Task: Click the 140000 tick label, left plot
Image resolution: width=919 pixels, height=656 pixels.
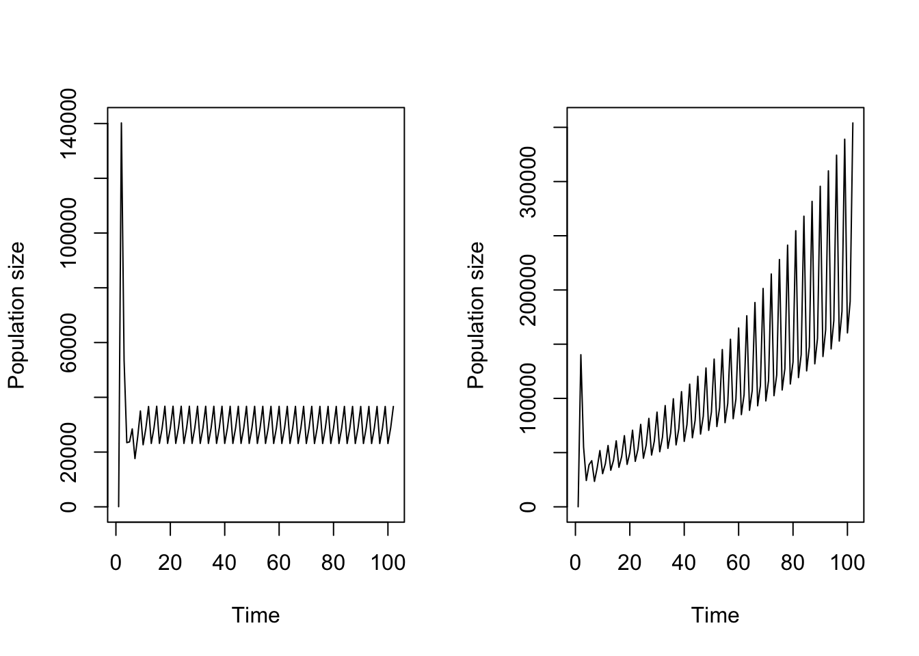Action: (68, 124)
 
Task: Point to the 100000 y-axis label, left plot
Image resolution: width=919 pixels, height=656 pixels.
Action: (68, 233)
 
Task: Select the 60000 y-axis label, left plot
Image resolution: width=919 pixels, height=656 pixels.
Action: (68, 342)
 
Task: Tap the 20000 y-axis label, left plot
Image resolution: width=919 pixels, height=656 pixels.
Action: (68, 452)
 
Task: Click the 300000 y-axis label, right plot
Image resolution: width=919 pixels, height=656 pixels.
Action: (528, 181)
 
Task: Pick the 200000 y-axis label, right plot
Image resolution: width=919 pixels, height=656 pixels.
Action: (528, 290)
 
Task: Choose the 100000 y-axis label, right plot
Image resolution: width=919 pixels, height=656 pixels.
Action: (528, 398)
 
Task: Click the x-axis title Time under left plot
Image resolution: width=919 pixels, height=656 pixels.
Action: (256, 615)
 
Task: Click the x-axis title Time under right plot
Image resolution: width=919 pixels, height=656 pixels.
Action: (715, 615)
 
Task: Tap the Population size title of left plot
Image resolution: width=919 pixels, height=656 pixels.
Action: (16, 315)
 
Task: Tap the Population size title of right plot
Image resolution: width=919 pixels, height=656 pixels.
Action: (476, 315)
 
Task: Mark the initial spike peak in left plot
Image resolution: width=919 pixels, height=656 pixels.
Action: (121, 124)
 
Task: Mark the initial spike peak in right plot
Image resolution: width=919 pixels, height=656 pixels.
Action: (581, 355)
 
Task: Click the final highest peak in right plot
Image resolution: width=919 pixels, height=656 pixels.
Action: (853, 124)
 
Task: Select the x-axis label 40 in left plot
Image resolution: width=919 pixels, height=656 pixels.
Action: (224, 562)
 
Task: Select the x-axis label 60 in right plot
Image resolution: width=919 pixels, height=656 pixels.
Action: (738, 562)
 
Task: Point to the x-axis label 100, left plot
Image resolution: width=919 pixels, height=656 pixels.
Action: (388, 562)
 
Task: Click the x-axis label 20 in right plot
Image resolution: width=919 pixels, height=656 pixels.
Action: (630, 562)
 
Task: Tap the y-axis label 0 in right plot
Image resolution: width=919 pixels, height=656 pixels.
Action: (528, 506)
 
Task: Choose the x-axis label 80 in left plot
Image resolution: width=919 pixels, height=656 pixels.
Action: (333, 562)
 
